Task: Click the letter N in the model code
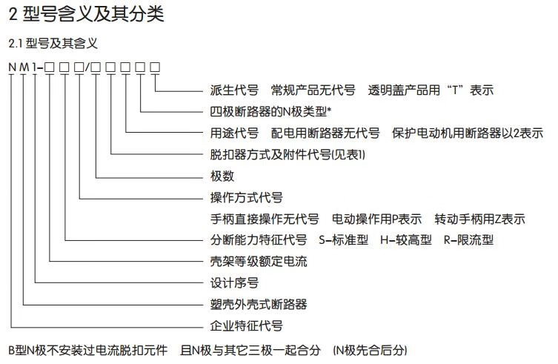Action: pos(13,68)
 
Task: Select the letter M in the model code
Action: pos(24,68)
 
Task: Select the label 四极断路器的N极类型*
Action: pos(270,113)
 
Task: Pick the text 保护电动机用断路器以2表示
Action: pos(468,134)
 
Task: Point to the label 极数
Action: pos(222,176)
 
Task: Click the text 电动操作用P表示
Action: pos(376,219)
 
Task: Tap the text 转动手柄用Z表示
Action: pos(479,219)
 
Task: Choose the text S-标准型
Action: pos(343,240)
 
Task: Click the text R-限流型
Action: pos(468,240)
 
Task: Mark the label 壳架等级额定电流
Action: pos(259,262)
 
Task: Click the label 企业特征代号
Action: pos(246,325)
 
